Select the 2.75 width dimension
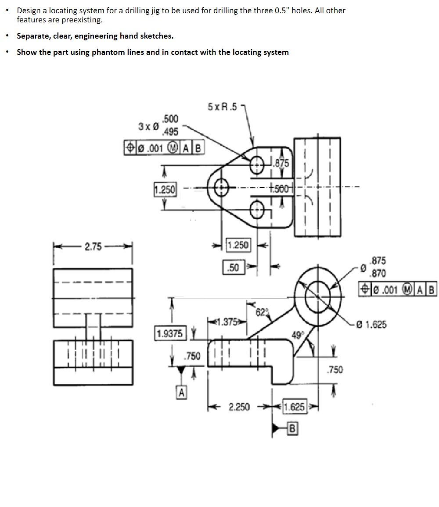point(93,246)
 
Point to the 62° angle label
point(261,312)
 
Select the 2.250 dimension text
point(239,407)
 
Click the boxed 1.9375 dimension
point(170,333)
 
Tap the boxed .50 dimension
point(234,267)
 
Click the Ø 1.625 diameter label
point(371,325)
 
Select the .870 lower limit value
point(378,273)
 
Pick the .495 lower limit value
point(170,132)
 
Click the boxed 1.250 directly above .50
point(238,245)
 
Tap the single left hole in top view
point(222,188)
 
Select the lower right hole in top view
point(257,211)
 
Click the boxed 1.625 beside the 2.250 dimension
point(294,407)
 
